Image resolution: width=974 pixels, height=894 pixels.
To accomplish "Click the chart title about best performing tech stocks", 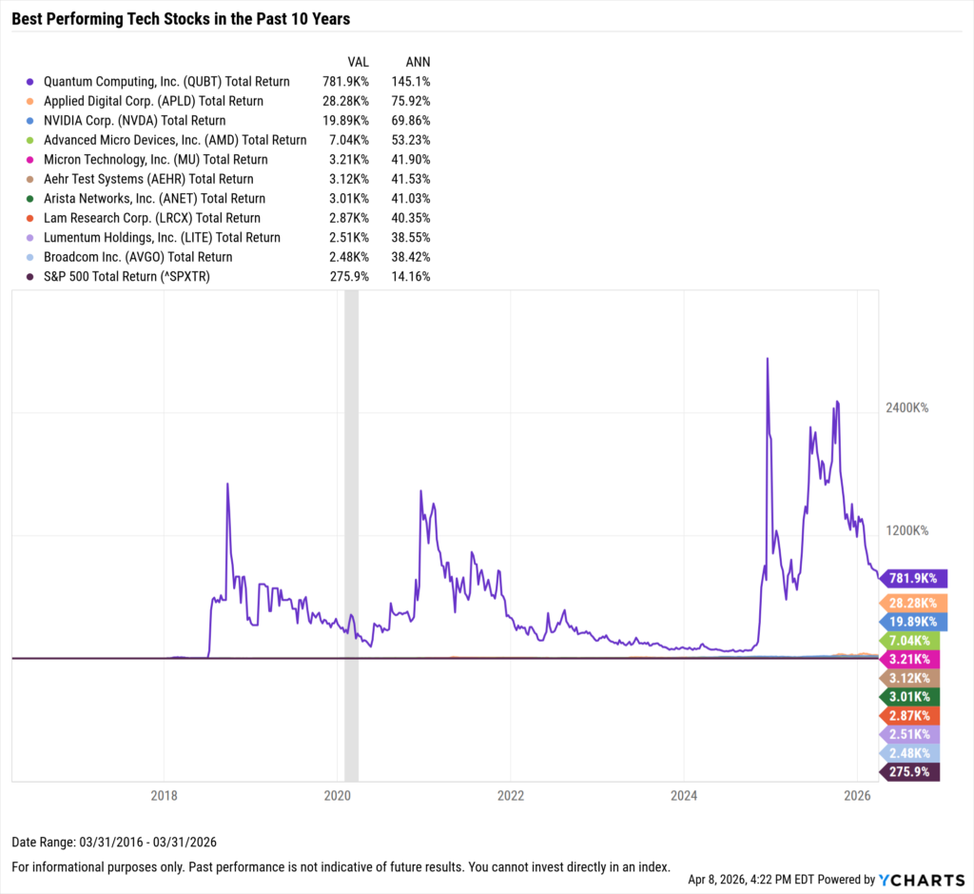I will click(x=182, y=18).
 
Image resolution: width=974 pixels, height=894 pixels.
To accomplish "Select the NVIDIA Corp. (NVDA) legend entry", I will click(x=135, y=121).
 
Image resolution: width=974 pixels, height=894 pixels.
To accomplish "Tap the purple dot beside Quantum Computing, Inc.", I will click(x=31, y=82).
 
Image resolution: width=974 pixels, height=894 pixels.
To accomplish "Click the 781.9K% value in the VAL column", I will click(x=348, y=82).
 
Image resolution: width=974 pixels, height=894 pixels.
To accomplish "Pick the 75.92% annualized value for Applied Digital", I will click(x=411, y=101).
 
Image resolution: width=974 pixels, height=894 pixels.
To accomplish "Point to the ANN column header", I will click(x=418, y=62).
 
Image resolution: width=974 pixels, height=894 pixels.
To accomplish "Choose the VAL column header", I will click(x=358, y=62).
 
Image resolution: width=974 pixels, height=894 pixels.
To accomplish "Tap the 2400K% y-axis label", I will click(x=906, y=407).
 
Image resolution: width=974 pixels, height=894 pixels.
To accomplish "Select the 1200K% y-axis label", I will click(x=906, y=530).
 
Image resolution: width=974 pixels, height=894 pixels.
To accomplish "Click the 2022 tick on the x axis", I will click(x=511, y=795).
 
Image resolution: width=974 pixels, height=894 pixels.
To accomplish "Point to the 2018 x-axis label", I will click(x=165, y=795).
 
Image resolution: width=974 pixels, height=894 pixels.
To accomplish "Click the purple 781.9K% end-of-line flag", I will click(x=913, y=578).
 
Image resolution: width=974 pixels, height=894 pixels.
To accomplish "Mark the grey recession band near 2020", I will click(x=351, y=533).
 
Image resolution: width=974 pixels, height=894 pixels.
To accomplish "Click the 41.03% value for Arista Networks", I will click(x=411, y=199).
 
